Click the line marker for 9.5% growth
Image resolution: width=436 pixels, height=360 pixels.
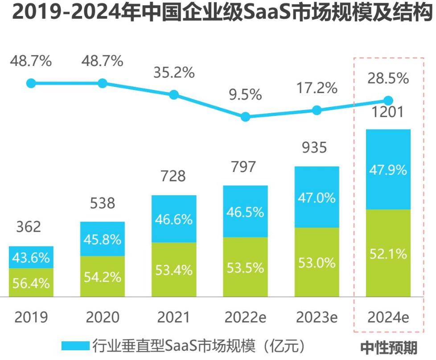(245, 117)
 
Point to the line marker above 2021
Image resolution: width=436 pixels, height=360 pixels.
(174, 94)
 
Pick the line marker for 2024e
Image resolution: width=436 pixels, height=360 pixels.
(388, 101)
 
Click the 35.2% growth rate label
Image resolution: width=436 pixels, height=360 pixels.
(174, 73)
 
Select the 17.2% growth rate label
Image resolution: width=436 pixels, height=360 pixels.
(317, 88)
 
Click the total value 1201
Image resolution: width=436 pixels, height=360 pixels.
(388, 111)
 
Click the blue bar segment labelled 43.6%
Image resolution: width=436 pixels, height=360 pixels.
(31, 258)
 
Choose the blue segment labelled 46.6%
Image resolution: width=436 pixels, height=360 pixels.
(174, 219)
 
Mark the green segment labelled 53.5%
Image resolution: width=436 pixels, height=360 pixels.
(245, 267)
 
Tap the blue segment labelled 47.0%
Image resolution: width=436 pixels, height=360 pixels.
(317, 197)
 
